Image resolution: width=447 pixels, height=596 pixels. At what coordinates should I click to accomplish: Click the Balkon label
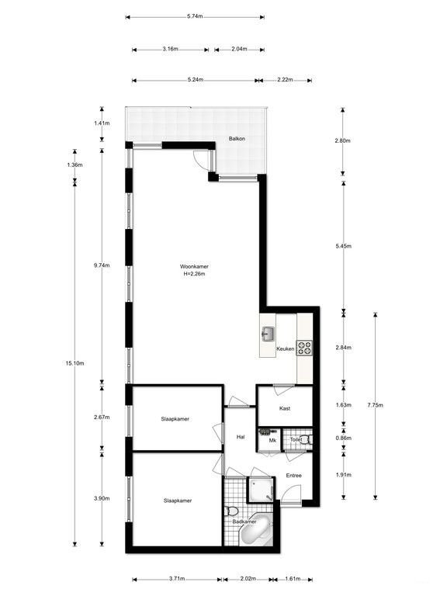(237, 139)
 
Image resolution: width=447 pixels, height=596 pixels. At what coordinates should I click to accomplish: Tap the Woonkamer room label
(196, 266)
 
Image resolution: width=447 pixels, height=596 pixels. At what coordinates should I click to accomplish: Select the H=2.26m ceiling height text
(196, 274)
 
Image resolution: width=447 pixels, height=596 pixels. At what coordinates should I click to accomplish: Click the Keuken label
(285, 350)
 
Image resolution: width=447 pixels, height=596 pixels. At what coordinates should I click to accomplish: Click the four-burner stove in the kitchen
(303, 348)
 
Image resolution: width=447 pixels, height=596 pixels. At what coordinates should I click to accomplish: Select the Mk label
(272, 441)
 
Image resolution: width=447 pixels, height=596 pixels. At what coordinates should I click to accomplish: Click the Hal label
(241, 438)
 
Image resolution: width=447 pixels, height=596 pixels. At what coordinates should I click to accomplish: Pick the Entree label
(293, 475)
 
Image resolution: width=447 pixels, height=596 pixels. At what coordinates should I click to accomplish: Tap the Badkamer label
(244, 521)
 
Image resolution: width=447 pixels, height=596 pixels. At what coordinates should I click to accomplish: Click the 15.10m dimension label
(76, 362)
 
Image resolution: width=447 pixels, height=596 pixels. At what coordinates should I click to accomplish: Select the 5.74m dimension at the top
(196, 16)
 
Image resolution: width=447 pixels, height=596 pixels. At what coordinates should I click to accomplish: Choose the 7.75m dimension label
(376, 404)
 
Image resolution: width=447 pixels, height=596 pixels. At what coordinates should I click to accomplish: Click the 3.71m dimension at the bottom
(176, 579)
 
